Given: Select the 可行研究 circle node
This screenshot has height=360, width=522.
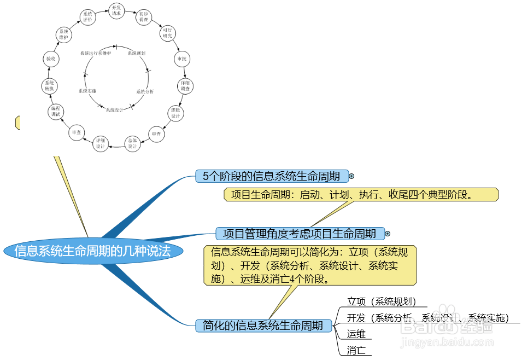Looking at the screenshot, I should coord(167,33).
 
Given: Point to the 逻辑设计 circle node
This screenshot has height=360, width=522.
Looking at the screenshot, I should coord(175,113).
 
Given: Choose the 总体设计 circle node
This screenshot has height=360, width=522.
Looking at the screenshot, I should coord(132,143).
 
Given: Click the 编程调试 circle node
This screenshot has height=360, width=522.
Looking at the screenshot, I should coord(56,112).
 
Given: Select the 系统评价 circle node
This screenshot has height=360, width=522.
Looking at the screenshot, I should coord(88,16).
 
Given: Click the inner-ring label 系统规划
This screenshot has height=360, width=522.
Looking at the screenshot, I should coord(136,54).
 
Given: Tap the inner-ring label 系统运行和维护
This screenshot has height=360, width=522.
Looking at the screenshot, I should coord(96,54).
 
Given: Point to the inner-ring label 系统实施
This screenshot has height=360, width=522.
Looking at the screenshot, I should coord(87,91).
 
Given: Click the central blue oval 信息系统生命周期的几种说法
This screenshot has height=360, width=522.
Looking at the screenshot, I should coord(92,251).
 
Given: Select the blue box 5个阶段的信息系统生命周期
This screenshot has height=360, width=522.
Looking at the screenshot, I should coord(272,176).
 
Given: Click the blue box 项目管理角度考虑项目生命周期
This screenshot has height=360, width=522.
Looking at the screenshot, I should coord(300,234).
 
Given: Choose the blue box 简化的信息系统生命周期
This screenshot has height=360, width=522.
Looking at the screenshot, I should coord(263,326).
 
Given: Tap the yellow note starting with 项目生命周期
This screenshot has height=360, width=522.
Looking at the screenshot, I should coord(361,195).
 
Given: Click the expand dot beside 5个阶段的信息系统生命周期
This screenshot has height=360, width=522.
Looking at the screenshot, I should coord(351,176).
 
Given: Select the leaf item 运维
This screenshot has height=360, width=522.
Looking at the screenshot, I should coord(356,334).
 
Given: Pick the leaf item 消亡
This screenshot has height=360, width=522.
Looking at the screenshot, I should coord(356,350).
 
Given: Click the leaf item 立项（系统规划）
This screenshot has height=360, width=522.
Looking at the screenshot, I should coord(382,301).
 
